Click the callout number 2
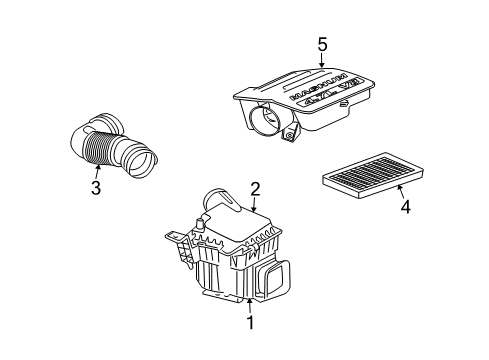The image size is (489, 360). [256, 188]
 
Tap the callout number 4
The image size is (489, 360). [405, 208]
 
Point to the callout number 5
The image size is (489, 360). [323, 44]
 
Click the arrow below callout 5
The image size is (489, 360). [323, 63]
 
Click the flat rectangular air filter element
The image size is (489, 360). [366, 179]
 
